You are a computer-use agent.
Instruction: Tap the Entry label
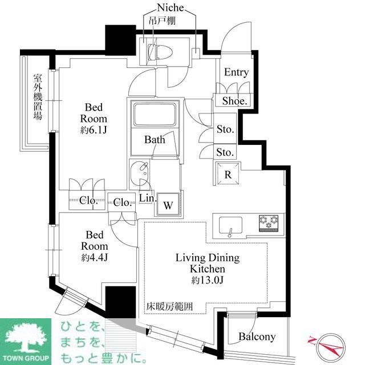click(x=236, y=72)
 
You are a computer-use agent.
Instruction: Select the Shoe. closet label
click(x=234, y=102)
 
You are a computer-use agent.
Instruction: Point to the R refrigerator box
click(x=228, y=174)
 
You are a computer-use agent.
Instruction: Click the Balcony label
click(x=257, y=336)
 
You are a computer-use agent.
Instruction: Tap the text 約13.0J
click(x=207, y=281)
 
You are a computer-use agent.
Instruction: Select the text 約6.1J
click(x=94, y=129)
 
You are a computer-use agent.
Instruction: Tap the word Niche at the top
click(x=169, y=7)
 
